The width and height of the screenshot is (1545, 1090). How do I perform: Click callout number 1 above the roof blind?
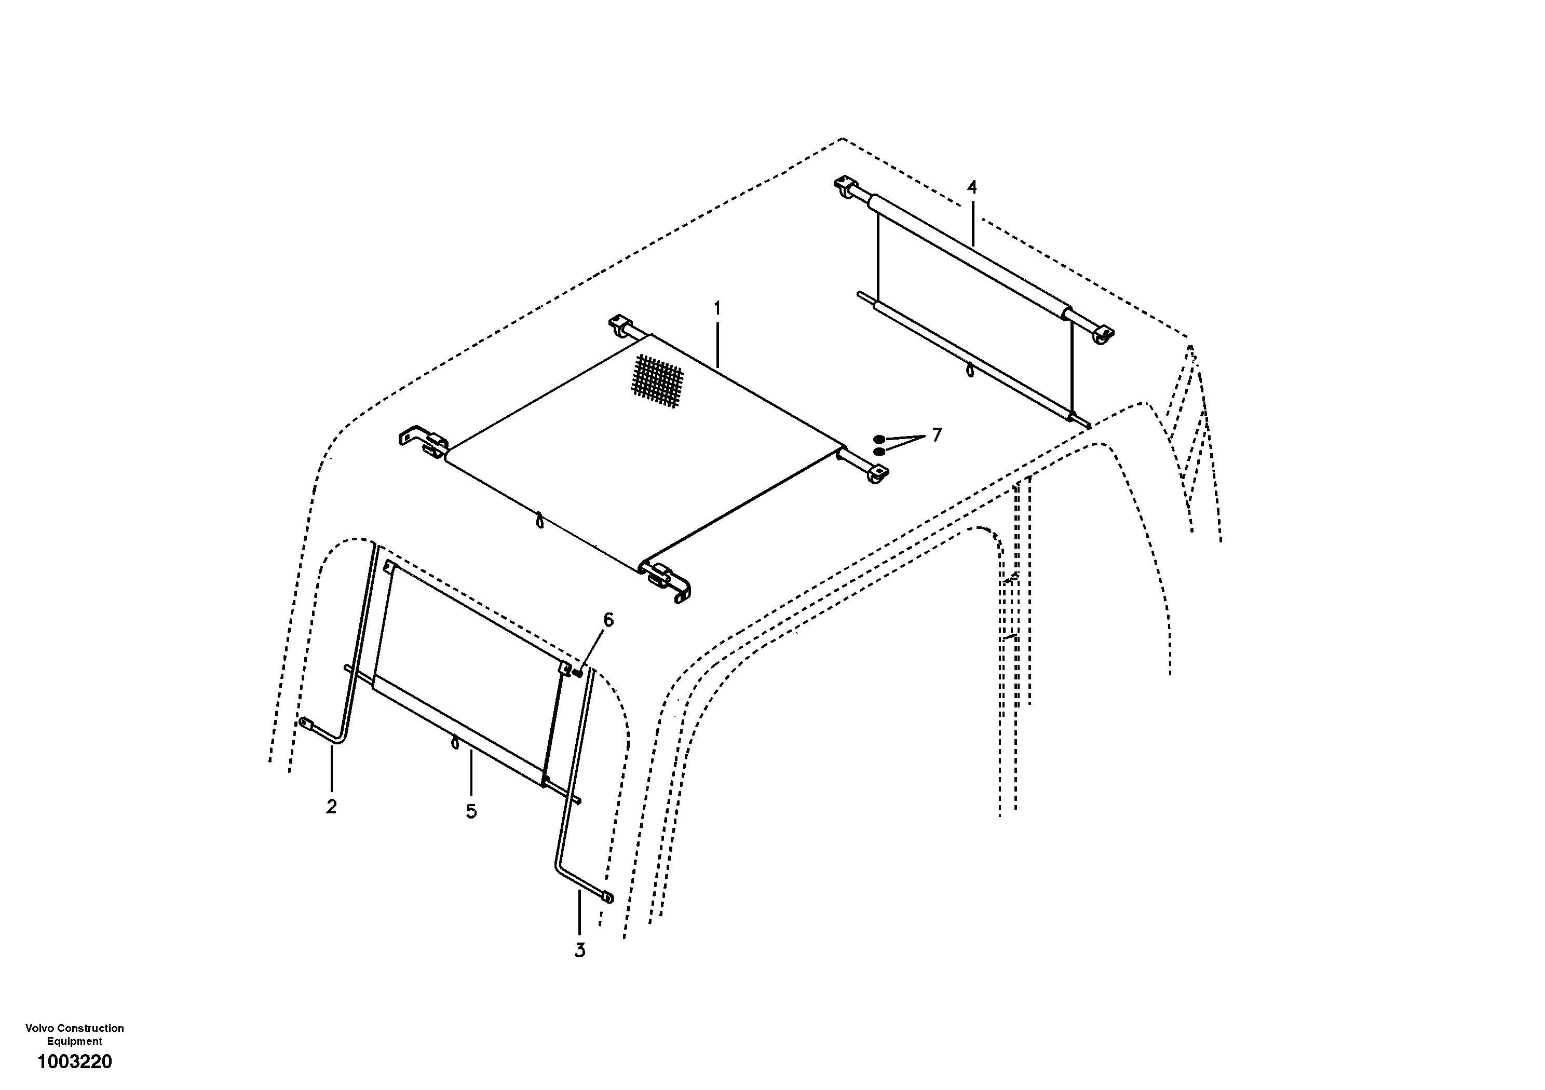pos(717,309)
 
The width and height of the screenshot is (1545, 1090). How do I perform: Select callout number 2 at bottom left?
pos(331,807)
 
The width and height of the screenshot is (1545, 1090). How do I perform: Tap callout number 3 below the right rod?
pos(579,951)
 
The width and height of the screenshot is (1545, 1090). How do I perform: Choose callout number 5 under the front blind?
pos(471,811)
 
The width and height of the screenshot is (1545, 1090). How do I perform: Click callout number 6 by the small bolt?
pos(608,620)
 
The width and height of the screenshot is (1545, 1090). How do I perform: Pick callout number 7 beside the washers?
pos(936,435)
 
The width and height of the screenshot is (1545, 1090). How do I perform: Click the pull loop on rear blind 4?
pos(970,370)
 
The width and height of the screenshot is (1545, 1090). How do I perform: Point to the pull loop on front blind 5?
pos(455,742)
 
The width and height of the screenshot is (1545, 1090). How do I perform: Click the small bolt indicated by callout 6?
pos(577,672)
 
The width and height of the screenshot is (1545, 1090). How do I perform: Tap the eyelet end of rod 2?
pos(306,724)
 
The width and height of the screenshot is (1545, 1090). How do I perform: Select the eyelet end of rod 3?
pos(607,897)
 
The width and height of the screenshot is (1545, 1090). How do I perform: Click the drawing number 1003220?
pos(75,1062)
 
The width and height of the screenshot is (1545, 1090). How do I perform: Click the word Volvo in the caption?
pos(39,1028)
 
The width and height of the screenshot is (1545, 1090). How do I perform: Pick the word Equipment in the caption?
pos(75,1041)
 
